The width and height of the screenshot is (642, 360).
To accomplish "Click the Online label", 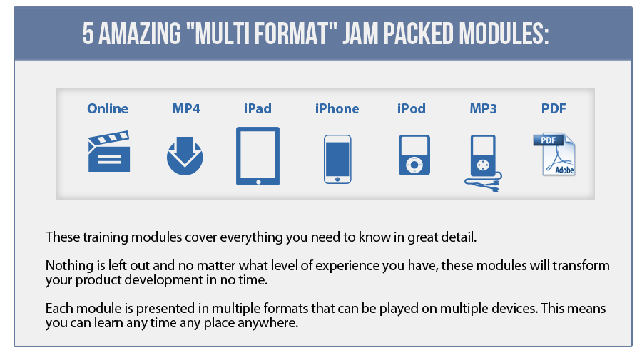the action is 108,108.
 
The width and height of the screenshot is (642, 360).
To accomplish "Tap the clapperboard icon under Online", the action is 109,151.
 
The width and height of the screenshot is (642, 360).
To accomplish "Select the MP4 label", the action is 186,108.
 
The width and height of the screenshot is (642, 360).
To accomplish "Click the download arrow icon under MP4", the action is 185,156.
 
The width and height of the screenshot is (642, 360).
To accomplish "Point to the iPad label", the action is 258,108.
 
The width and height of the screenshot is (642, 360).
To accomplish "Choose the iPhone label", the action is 337,108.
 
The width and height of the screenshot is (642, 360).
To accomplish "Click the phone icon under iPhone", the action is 337,159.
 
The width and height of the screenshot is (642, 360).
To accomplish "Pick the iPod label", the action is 412,108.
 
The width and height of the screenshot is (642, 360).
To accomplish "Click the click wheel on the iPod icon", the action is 414,165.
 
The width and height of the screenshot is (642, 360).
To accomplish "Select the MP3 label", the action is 483,108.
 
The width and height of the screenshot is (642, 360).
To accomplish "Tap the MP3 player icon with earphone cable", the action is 484,163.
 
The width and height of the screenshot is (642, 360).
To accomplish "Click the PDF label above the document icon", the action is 554,108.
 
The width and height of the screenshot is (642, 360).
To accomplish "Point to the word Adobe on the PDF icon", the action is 565,170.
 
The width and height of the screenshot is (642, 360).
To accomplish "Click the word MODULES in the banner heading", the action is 504,34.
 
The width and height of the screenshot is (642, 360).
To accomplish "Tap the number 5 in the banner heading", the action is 88,34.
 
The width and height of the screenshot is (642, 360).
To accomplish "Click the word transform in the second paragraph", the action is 581,265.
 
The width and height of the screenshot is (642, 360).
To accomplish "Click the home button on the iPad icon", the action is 258,182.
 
